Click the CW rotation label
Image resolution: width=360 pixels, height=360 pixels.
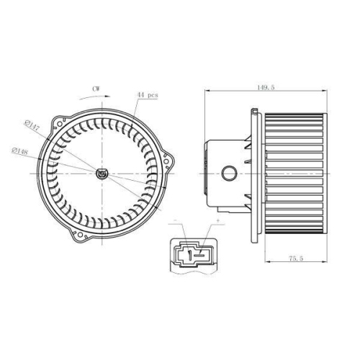[96, 88]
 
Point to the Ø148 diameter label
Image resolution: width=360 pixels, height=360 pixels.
[20, 150]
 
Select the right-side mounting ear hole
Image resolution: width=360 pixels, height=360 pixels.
[170, 163]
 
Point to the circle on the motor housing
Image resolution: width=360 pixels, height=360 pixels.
[230, 173]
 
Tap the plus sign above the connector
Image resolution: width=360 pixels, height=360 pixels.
[216, 219]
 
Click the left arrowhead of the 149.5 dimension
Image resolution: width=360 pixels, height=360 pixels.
[209, 91]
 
